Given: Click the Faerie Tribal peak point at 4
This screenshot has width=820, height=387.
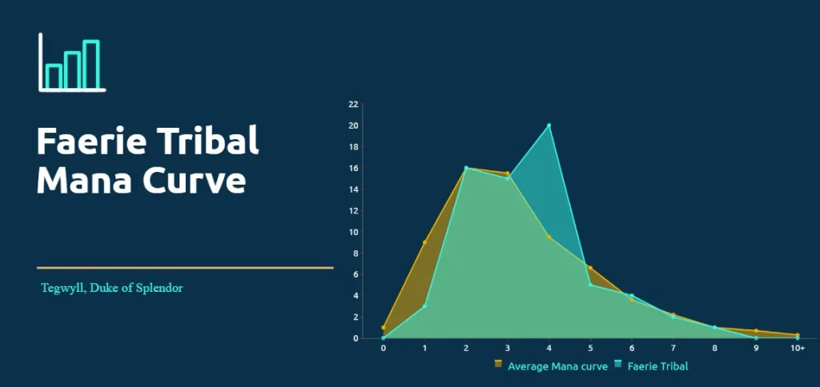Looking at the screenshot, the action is (549, 126).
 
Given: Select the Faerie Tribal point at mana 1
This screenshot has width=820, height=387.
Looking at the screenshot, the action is (424, 306).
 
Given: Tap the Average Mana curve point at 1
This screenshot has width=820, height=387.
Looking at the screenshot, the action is (424, 242).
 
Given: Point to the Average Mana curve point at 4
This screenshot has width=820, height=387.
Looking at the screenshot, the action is (549, 237).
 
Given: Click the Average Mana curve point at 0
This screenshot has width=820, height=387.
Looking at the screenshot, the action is (384, 328).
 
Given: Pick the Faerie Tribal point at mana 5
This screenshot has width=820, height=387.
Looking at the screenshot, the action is (590, 285).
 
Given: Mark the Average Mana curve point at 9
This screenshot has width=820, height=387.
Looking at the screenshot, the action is (756, 330).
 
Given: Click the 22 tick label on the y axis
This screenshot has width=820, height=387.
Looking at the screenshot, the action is (353, 105).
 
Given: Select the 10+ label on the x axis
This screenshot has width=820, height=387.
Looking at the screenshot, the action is (797, 349).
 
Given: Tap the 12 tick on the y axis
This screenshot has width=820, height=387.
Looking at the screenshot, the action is (353, 211).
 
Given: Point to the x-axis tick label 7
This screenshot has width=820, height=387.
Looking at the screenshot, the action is (673, 349).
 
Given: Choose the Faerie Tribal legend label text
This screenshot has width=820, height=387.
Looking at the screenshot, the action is (657, 367).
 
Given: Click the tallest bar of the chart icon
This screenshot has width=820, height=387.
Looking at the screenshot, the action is (91, 64).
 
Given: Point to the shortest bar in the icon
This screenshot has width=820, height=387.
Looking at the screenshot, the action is (54, 76).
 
